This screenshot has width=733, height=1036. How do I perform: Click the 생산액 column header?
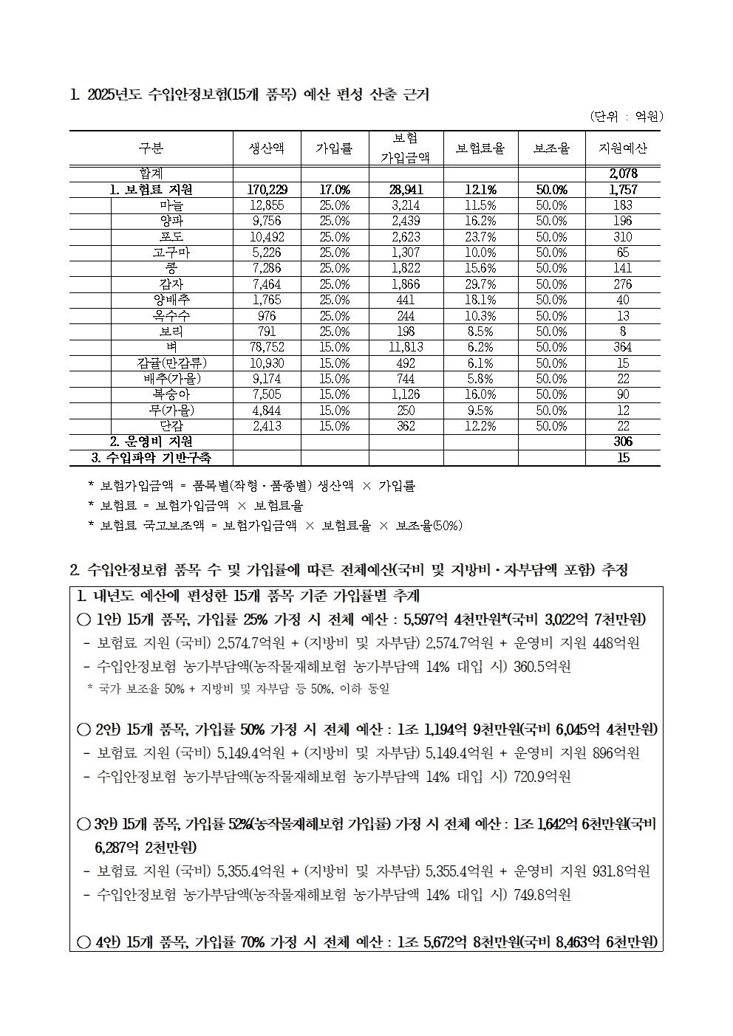(267, 148)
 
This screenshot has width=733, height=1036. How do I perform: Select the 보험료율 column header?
(480, 148)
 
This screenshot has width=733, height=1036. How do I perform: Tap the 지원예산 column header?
(622, 148)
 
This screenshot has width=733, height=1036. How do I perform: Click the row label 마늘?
(171, 205)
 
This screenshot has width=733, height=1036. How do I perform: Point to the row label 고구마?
(171, 253)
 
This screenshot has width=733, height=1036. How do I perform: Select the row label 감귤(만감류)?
(171, 363)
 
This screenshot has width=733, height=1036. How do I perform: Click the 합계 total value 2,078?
(623, 174)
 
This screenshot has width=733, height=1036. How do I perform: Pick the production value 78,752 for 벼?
(267, 347)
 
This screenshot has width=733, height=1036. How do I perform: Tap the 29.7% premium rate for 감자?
(480, 284)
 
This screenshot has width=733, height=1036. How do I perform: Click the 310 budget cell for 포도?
(623, 237)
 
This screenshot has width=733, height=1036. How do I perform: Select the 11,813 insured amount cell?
(406, 347)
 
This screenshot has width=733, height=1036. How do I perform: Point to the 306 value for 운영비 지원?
(623, 442)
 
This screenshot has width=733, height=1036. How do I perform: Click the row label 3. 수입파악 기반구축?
(151, 458)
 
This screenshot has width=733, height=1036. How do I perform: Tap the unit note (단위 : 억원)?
(627, 116)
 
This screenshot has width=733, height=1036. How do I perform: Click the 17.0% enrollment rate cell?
(335, 190)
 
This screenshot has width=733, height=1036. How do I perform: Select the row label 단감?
(171, 426)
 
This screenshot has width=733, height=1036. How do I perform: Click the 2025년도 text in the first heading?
(115, 95)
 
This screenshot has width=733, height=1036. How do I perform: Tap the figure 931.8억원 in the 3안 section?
(621, 871)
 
